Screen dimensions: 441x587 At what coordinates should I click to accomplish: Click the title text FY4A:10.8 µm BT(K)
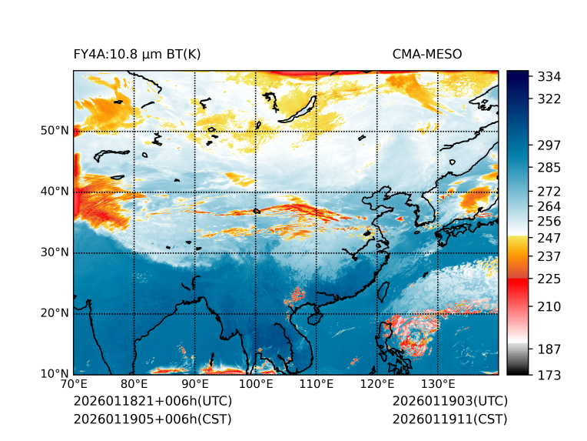click(x=137, y=55)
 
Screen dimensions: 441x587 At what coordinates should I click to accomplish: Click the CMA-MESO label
click(x=427, y=55)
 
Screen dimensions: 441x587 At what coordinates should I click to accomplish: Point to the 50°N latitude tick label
click(x=54, y=131)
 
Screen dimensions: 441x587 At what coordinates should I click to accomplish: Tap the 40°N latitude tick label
click(x=54, y=192)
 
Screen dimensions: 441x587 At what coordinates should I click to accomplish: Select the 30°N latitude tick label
click(x=54, y=252)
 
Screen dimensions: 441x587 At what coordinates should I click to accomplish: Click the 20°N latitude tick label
click(x=54, y=313)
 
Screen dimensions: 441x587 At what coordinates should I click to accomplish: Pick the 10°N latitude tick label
click(x=54, y=374)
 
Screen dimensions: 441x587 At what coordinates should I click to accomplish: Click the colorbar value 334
click(x=550, y=77)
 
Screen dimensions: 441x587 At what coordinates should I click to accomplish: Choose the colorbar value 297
click(x=550, y=145)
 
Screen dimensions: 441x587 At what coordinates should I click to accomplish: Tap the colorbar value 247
click(x=550, y=236)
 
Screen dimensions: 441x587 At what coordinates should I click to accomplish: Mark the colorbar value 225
click(x=550, y=279)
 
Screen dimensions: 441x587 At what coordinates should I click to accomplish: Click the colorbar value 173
click(x=550, y=375)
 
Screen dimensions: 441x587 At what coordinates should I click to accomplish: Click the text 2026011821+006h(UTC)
click(x=152, y=402)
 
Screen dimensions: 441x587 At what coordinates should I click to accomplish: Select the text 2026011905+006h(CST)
click(x=152, y=419)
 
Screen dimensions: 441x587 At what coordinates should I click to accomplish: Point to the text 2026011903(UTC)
click(x=449, y=402)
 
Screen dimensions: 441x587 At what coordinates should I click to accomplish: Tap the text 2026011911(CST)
click(x=449, y=419)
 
